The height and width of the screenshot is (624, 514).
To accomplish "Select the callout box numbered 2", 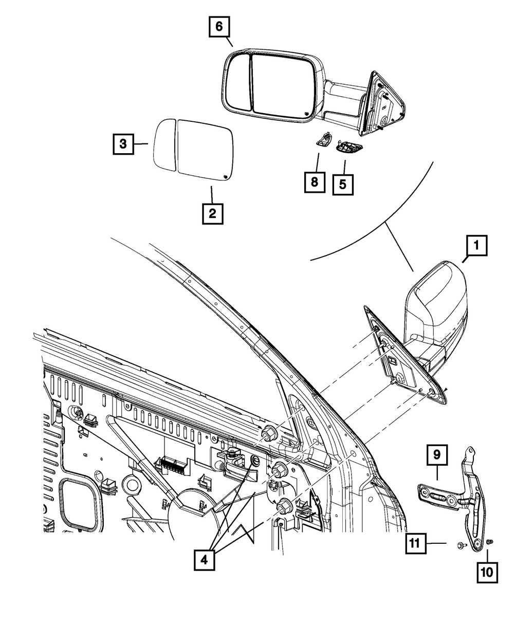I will point(212,212).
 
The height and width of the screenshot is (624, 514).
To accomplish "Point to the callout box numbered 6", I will point(219,27).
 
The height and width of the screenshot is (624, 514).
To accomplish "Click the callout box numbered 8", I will point(315,181).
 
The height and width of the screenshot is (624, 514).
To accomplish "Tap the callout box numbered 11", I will point(415,543).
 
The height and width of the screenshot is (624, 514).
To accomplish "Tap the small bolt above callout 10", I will point(489,542).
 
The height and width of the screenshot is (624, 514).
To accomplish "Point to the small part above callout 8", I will point(323,139).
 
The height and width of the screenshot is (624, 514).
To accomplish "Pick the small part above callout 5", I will point(347,148).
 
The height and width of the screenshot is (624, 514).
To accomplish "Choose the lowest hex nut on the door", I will point(284,506).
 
